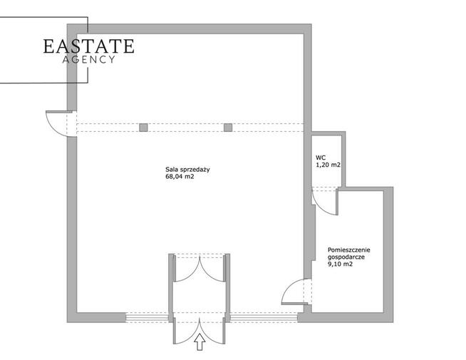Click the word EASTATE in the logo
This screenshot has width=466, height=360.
point(88,46)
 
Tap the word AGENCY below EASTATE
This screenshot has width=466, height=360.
point(88,59)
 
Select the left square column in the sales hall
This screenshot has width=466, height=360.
point(143,128)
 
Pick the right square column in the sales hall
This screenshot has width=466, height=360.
point(228,128)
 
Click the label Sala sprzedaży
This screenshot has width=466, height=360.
point(188,170)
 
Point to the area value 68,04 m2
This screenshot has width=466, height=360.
point(180,177)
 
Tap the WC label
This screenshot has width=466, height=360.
point(321,158)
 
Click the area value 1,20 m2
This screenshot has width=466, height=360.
point(328,165)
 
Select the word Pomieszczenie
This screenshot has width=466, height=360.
point(349,250)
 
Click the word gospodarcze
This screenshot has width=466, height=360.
point(346,257)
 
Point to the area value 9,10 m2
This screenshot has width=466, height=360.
point(340,264)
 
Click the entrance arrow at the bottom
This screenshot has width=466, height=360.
point(200,342)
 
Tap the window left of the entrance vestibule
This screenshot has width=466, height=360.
point(147,317)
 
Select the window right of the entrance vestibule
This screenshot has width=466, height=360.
point(264,317)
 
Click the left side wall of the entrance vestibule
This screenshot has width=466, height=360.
point(171,288)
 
